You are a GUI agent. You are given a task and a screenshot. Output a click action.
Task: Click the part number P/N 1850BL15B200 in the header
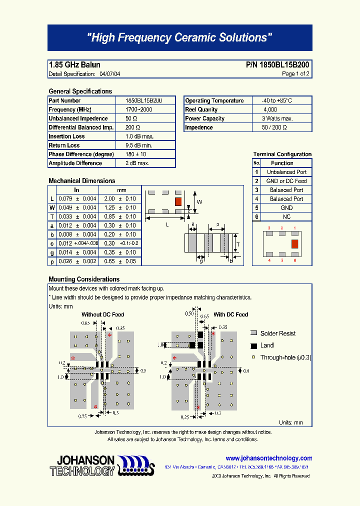(x=277, y=65)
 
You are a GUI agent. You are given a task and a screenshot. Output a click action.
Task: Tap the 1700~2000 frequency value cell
(x=138, y=109)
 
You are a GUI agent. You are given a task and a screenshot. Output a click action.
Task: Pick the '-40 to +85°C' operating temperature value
(x=273, y=100)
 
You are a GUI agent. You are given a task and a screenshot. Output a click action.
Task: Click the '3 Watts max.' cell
(x=277, y=118)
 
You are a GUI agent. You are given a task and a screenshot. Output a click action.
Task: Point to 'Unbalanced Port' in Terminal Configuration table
(x=286, y=172)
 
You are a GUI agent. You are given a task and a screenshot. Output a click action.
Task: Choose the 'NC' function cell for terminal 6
(x=286, y=217)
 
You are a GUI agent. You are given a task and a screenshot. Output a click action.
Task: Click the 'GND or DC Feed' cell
(x=286, y=181)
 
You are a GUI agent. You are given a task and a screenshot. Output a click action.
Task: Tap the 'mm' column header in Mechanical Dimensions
(x=121, y=190)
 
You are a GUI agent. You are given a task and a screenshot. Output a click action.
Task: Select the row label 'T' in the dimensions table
(x=52, y=216)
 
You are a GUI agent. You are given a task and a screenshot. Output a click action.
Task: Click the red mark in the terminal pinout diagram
(x=294, y=243)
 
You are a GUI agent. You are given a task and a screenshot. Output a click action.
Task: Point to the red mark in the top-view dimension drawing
(x=177, y=201)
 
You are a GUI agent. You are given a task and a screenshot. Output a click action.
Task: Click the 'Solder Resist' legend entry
(x=277, y=333)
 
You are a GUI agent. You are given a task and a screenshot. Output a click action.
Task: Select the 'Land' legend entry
(x=267, y=345)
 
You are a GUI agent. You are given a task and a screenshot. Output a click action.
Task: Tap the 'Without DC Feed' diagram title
(x=103, y=314)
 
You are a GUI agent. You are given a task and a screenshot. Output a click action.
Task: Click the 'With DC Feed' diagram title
(x=230, y=314)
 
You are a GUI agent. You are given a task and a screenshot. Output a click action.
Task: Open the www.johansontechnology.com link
(x=268, y=458)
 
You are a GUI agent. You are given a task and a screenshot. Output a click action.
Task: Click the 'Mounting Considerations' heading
(x=84, y=279)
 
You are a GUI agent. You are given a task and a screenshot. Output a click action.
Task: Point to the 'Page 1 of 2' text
(x=295, y=74)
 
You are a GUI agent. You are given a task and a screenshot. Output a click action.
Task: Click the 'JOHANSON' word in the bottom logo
(x=86, y=460)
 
